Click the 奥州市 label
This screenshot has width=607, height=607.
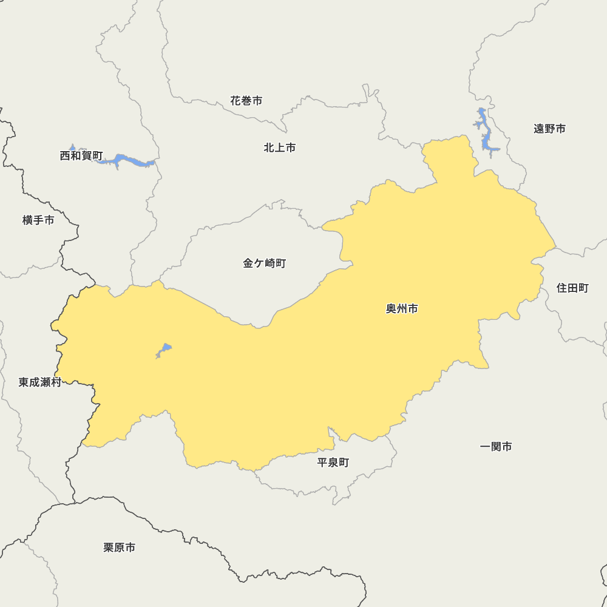tap(402, 309)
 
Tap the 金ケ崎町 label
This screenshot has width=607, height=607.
tap(264, 263)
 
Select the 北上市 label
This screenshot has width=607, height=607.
tap(280, 148)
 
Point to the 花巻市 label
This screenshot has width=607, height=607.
tap(246, 101)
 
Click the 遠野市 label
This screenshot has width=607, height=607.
tap(549, 129)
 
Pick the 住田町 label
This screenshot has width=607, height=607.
tap(572, 288)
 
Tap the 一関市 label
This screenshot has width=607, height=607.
tap(496, 447)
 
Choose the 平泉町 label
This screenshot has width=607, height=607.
tap(333, 463)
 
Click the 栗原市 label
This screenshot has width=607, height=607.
tap(119, 548)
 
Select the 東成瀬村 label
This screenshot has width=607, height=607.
tap(40, 382)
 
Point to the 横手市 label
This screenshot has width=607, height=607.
tap(38, 220)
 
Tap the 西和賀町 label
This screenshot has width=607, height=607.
tap(81, 156)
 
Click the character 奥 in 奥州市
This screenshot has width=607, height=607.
tap(392, 309)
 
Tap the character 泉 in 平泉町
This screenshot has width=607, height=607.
tap(333, 463)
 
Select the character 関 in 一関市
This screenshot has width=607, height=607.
tap(496, 447)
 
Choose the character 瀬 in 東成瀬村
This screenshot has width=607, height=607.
tap(46, 382)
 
